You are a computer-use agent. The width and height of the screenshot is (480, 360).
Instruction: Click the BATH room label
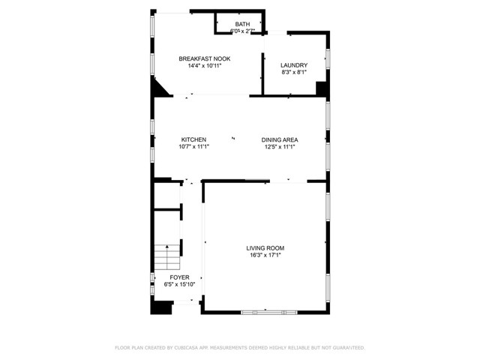tap(242, 24)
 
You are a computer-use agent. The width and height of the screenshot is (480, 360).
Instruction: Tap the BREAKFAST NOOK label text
tap(204, 58)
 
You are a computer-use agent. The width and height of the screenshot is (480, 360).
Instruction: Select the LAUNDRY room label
tap(294, 65)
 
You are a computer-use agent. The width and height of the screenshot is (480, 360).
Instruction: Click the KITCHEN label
tap(193, 139)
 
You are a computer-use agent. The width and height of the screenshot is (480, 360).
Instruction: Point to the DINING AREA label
tap(280, 139)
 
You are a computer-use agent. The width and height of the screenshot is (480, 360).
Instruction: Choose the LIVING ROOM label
tap(265, 247)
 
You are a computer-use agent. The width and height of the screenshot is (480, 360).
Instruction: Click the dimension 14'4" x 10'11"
tap(204, 66)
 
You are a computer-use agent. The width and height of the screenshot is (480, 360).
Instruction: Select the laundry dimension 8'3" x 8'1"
tap(294, 73)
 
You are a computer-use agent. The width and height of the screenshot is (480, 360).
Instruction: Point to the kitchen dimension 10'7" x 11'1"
tap(193, 147)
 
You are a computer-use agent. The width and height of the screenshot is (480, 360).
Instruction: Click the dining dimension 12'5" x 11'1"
tap(280, 147)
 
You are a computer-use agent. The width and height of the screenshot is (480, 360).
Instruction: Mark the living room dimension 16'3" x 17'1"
tap(265, 255)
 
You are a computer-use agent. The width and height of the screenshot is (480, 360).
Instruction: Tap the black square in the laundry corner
tap(322, 88)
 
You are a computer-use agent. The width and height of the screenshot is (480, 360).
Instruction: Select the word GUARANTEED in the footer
tap(349, 348)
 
